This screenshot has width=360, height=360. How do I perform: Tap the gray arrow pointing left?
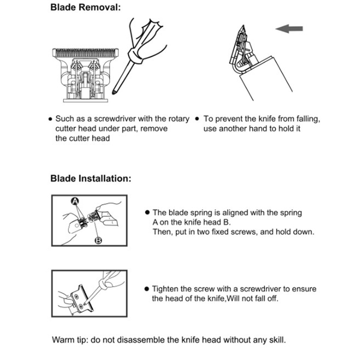pyautogui.click(x=289, y=29)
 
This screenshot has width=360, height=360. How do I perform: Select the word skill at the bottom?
pyautogui.click(x=278, y=339)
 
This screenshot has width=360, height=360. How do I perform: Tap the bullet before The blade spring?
pyautogui.click(x=147, y=212)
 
